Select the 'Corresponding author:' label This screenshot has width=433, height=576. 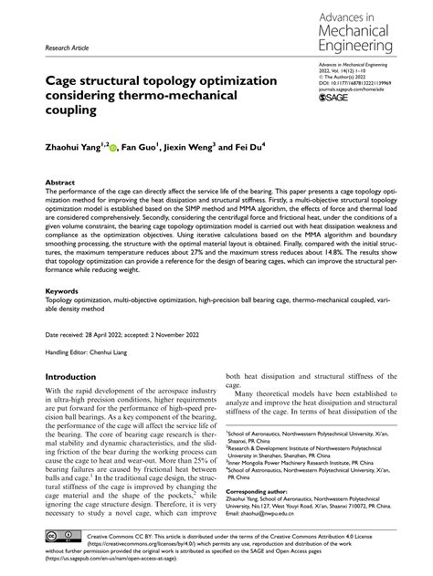[261, 490]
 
